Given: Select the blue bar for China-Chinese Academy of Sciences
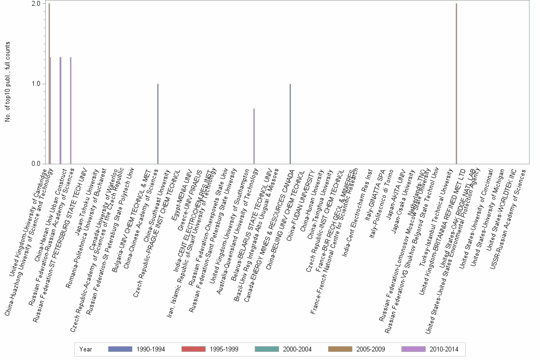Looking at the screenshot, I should click(158, 124).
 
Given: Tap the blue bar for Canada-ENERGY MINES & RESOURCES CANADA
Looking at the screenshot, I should click(290, 124).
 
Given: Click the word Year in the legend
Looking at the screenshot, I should click(86, 349).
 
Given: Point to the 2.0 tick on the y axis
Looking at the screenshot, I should click(35, 4).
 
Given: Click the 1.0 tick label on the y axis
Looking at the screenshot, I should click(35, 84).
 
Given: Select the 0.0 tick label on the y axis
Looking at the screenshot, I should click(35, 164).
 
